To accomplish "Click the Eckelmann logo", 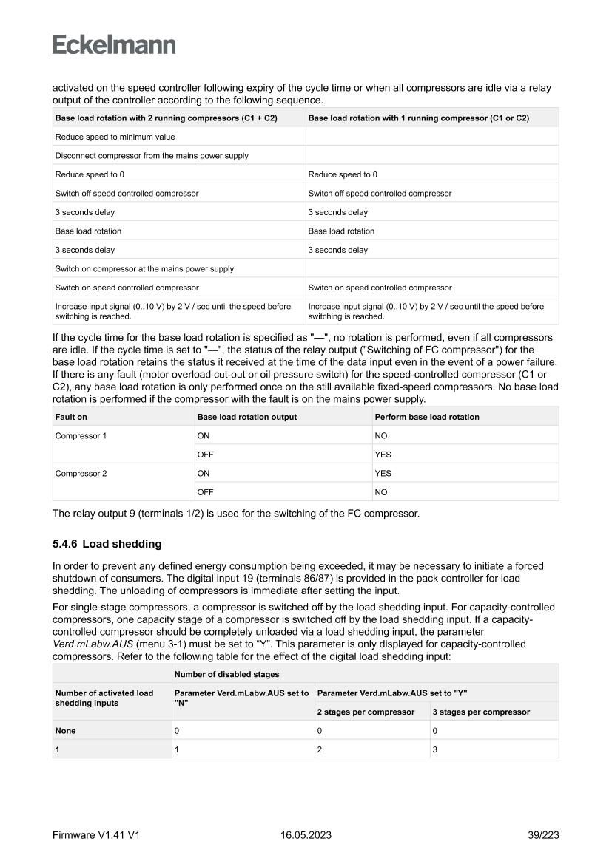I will click(114, 46).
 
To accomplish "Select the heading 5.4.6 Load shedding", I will click(107, 544).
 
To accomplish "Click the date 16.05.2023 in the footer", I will click(306, 834).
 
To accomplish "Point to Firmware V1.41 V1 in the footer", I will click(96, 834).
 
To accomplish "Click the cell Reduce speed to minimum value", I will click(115, 137).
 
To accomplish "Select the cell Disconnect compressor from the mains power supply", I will click(152, 156).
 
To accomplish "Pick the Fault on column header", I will click(71, 417).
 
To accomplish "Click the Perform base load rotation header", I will click(427, 417).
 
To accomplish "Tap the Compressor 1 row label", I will click(81, 436).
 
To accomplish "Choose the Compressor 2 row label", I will click(81, 474).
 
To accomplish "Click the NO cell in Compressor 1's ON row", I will click(383, 436).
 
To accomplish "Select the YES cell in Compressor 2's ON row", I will click(383, 474).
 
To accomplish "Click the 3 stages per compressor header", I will click(482, 712).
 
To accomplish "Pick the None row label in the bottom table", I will click(66, 730).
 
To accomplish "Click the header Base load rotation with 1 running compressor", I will click(418, 118).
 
